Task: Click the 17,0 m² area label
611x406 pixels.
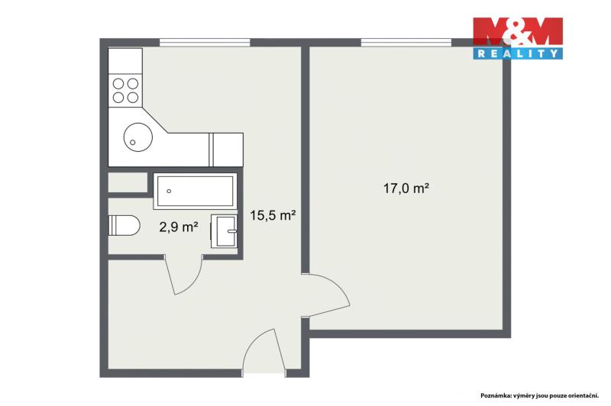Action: (406, 188)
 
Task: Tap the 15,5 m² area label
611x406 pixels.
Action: (273, 215)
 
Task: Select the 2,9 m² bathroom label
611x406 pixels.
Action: (179, 227)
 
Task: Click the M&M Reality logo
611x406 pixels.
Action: (518, 38)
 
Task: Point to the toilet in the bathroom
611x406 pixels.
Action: (124, 225)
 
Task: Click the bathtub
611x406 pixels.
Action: (196, 191)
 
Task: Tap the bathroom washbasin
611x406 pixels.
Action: (224, 230)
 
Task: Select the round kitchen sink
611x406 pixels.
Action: (138, 137)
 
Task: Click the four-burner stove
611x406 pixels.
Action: (125, 90)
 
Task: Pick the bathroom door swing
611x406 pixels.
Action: (183, 275)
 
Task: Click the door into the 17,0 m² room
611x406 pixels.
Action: (326, 296)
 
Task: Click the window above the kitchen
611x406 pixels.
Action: (205, 43)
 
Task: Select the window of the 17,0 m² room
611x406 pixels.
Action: (406, 43)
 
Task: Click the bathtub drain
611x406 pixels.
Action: (169, 191)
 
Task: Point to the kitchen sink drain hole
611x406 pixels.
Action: (132, 143)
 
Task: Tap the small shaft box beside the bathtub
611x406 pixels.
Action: (128, 182)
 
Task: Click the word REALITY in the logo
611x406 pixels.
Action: (518, 53)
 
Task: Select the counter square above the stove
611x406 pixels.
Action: (125, 61)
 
